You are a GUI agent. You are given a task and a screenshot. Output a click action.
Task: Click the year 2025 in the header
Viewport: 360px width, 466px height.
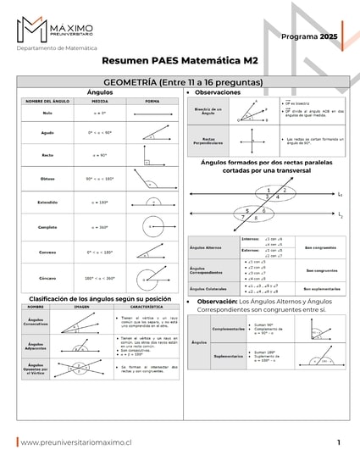pyautogui.click(x=329, y=37)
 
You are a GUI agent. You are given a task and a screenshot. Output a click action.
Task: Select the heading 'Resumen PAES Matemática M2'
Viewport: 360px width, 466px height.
pyautogui.click(x=180, y=62)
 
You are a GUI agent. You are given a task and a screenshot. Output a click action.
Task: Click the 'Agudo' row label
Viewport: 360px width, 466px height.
pyautogui.click(x=47, y=133)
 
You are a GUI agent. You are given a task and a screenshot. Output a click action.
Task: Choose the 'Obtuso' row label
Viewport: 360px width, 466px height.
pyautogui.click(x=47, y=179)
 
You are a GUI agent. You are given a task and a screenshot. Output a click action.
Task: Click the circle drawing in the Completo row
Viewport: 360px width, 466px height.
pyautogui.click(x=151, y=227)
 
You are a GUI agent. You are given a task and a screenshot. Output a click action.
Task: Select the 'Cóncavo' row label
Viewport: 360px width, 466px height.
pyautogui.click(x=47, y=277)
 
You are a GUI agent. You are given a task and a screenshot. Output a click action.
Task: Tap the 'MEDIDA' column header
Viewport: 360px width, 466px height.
pyautogui.click(x=99, y=102)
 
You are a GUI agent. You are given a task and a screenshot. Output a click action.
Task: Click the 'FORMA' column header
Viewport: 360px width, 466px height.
pyautogui.click(x=152, y=102)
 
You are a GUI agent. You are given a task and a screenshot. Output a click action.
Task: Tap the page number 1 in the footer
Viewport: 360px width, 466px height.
pyautogui.click(x=338, y=442)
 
